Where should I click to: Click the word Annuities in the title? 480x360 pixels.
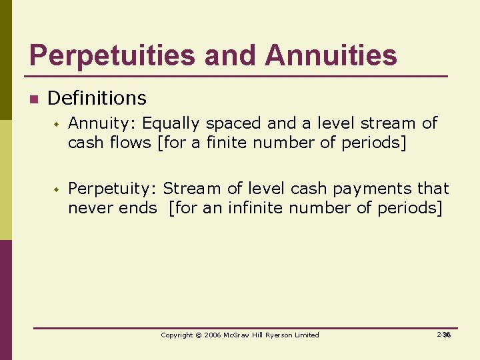coord(331,55)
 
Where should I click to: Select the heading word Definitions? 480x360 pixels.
coord(97,99)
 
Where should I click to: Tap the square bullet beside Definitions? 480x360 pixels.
coord(32,100)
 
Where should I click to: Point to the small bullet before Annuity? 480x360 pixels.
coord(57,124)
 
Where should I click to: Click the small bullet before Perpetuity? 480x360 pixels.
coord(57,190)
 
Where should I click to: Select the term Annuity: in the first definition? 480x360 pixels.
coord(103,123)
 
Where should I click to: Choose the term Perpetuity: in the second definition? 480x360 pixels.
coord(113,189)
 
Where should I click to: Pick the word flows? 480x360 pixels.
coord(128,143)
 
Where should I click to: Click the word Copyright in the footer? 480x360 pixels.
coord(177,335)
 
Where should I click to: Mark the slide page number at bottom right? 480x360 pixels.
coord(445,335)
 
